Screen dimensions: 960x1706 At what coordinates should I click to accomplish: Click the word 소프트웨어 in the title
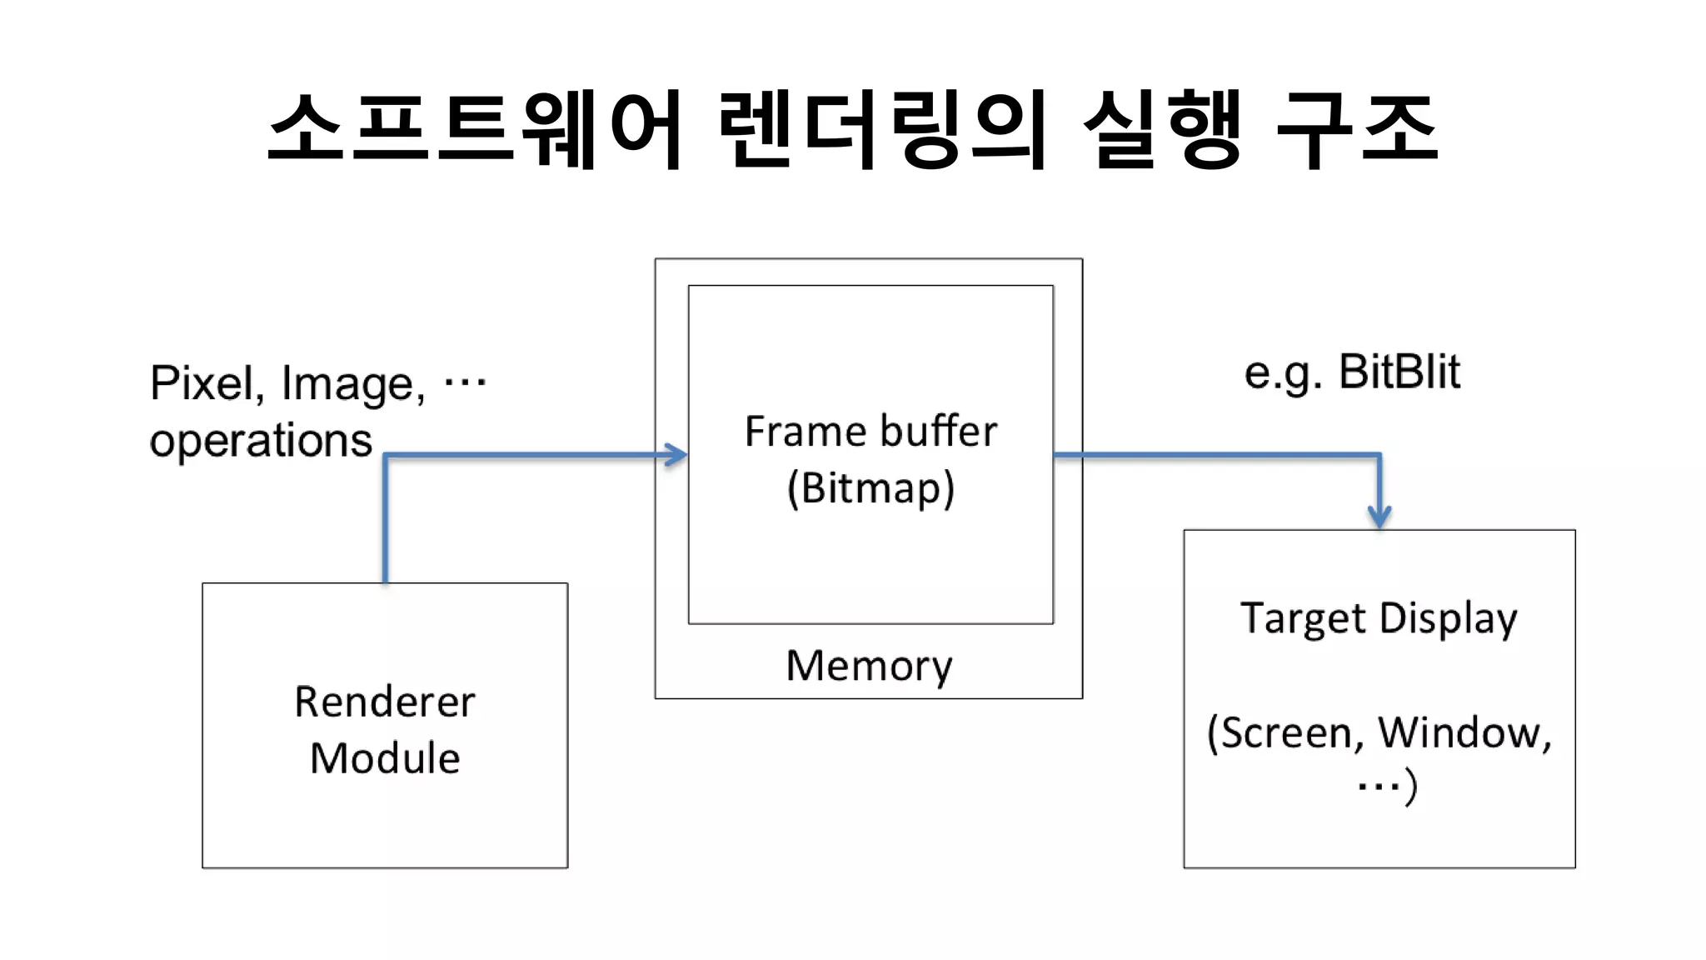476,129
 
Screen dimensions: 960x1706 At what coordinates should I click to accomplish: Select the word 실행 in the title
1163,129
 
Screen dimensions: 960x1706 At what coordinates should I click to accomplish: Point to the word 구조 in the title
1358,129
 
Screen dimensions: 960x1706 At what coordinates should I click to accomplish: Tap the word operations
261,440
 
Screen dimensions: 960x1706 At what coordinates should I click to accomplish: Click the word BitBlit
1399,372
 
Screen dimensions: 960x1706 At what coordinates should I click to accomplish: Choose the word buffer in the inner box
938,432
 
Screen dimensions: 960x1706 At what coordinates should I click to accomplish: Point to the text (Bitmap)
870,488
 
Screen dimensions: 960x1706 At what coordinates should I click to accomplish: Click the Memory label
869,666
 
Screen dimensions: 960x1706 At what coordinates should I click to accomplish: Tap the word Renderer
385,702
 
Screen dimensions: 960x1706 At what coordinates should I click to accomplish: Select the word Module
385,758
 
